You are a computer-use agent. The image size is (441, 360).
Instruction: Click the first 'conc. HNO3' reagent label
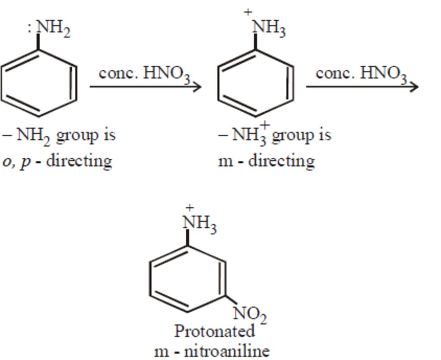point(144,74)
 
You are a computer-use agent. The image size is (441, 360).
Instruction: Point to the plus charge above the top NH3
point(248,12)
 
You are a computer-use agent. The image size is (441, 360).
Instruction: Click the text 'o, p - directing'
point(57,161)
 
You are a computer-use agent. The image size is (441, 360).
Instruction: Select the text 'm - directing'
point(267,161)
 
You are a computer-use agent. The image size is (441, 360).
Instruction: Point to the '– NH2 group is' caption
point(59,135)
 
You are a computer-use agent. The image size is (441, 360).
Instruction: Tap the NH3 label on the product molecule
point(199,223)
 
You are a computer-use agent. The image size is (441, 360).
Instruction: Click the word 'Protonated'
point(214,331)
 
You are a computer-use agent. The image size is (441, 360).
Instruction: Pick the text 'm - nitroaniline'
point(212,351)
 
